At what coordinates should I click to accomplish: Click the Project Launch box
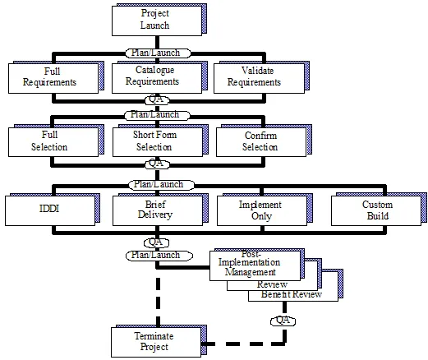tap(157, 21)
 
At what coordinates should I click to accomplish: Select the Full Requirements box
tap(53, 78)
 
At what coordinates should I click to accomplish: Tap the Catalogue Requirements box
tap(157, 78)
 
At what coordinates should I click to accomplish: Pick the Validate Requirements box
tap(259, 78)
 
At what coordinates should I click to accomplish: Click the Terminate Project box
tap(156, 342)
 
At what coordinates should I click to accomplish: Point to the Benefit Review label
tap(292, 294)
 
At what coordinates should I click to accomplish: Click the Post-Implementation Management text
tap(250, 263)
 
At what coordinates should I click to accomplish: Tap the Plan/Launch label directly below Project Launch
tap(158, 53)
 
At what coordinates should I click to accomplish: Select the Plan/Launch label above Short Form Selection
tap(157, 115)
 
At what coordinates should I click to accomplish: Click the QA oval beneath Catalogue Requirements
tap(157, 99)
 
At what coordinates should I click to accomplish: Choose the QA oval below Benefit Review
tap(283, 321)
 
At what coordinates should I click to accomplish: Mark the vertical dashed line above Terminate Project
tap(158, 302)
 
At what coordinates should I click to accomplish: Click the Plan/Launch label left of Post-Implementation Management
tap(159, 256)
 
